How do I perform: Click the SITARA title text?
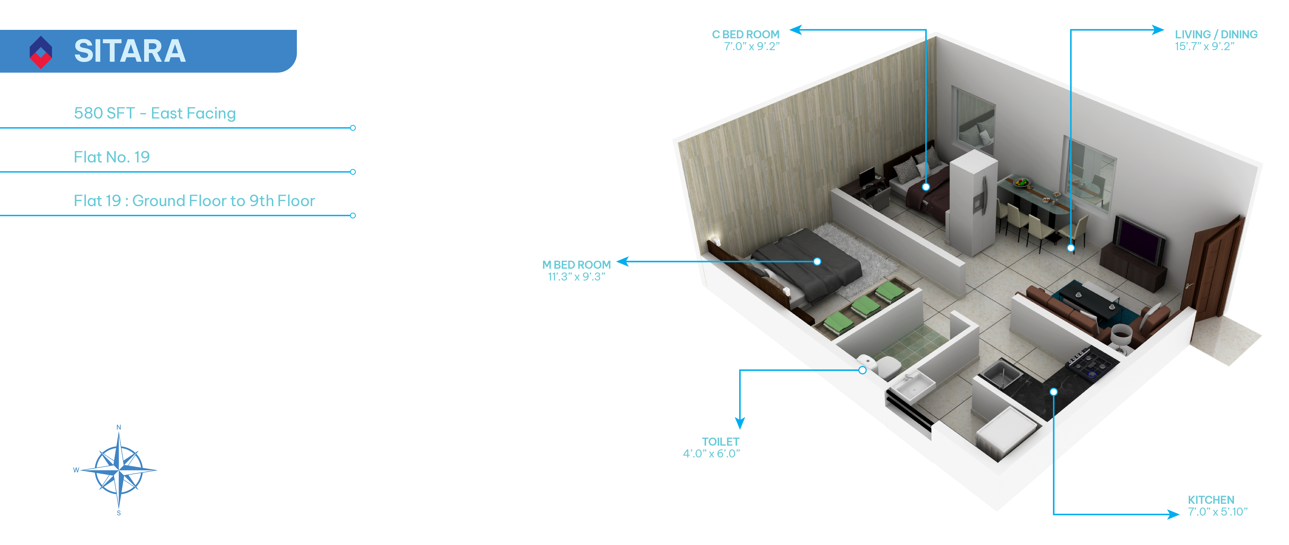click(130, 51)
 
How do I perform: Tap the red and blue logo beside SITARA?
click(41, 52)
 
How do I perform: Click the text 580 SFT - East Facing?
click(155, 113)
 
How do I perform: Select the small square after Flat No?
click(142, 157)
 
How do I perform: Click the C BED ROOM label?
click(746, 35)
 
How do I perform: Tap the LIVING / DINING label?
click(1216, 35)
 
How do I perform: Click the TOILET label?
click(720, 442)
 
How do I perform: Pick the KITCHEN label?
click(1211, 500)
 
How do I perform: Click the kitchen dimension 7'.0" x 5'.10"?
click(1217, 512)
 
